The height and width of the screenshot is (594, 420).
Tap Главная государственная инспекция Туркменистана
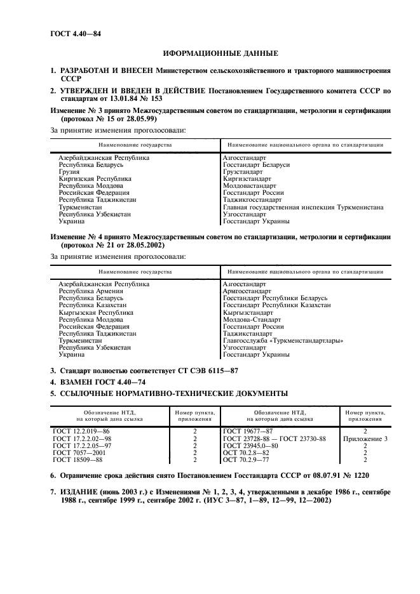[302, 207]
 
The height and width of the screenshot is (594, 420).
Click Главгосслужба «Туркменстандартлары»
[283, 341]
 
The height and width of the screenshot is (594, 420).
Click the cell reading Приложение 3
[365, 439]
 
